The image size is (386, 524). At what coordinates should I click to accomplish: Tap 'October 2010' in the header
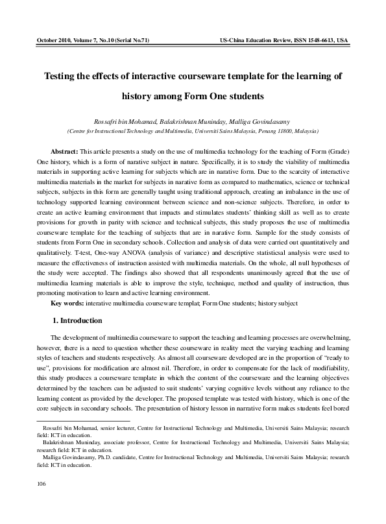pyautogui.click(x=56, y=40)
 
